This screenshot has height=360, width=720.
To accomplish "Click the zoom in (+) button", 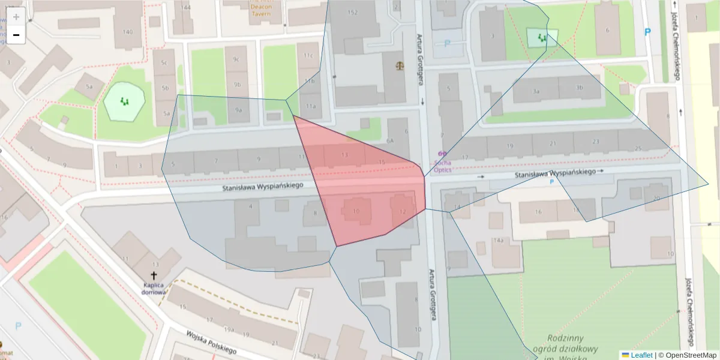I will [x=16, y=17].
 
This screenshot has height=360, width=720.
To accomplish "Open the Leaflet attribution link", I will [x=641, y=355].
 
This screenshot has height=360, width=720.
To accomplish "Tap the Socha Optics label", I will [x=443, y=166].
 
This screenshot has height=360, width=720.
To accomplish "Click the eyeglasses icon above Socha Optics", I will [x=443, y=154].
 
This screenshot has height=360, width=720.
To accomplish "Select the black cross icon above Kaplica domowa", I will [x=154, y=274].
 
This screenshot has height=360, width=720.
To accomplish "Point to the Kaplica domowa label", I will [x=154, y=289].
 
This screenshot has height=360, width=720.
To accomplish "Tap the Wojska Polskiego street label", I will [x=211, y=342].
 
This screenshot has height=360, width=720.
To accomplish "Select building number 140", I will [x=127, y=32].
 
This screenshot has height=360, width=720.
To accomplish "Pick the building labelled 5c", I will [x=163, y=62].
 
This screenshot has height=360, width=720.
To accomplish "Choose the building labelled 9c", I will [x=236, y=59].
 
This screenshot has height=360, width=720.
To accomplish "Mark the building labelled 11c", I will [x=308, y=56].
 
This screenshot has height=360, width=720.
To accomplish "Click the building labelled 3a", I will [x=536, y=91].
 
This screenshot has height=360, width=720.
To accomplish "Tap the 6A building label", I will [x=389, y=141].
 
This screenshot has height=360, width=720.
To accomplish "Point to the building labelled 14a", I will [x=497, y=241].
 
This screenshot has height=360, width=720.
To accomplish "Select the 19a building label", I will [x=229, y=329].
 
